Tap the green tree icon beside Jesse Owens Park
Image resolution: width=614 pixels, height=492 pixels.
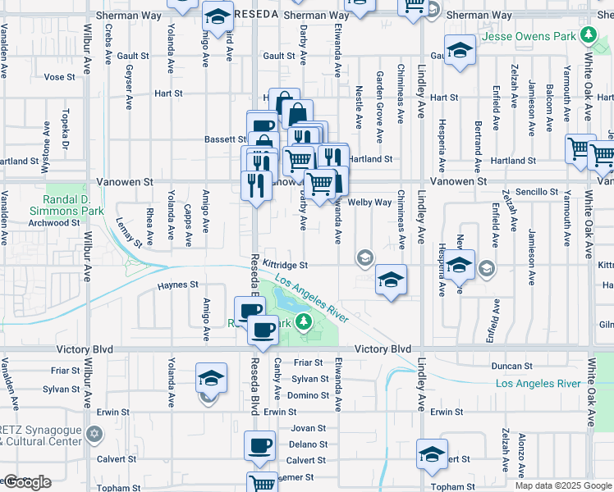pos(588,35)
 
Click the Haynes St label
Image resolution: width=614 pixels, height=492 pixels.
pos(178,285)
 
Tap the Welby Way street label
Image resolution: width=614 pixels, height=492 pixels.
pos(369,203)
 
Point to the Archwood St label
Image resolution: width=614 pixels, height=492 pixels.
pos(53,222)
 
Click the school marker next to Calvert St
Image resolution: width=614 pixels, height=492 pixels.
pos(432,453)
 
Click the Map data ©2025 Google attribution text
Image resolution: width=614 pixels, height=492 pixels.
pos(562,485)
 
